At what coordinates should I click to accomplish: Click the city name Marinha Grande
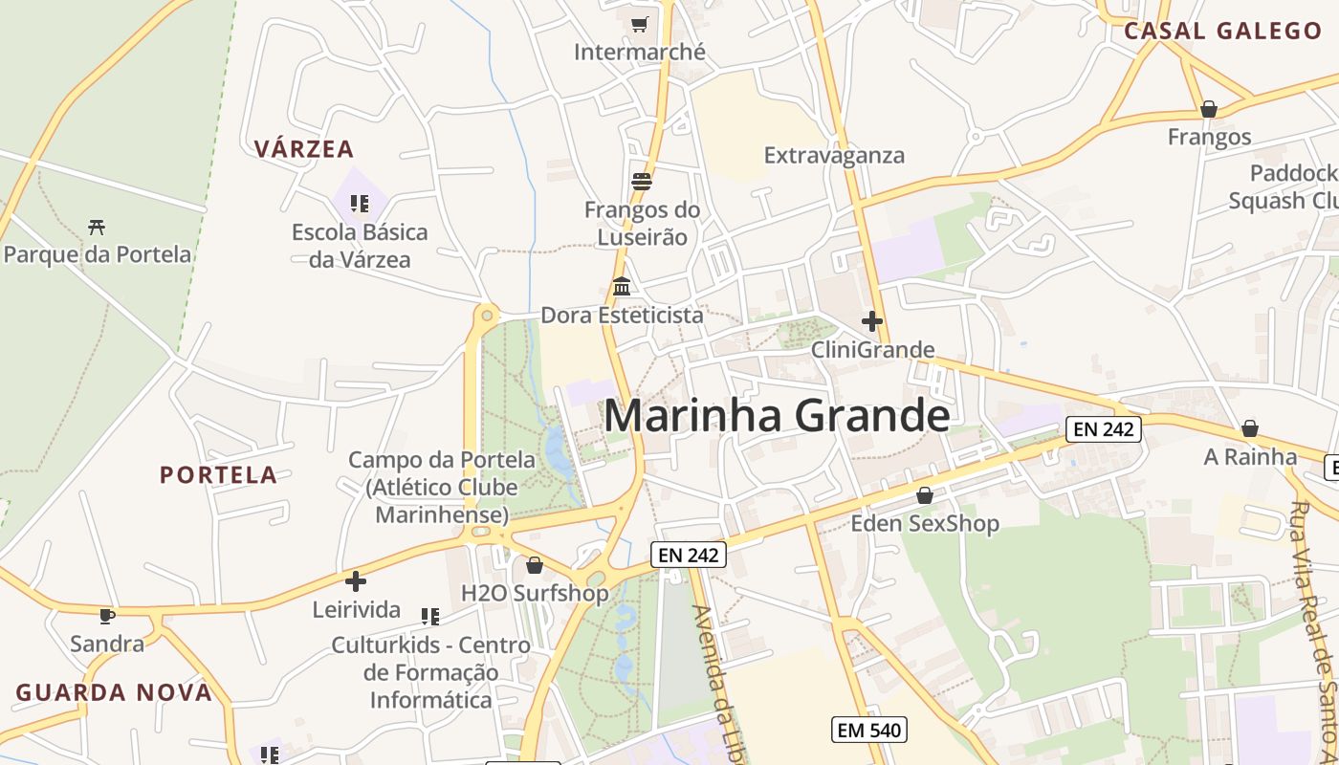click(x=777, y=416)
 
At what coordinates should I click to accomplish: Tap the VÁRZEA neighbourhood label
click(x=304, y=148)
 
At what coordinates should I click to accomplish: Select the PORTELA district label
click(x=218, y=475)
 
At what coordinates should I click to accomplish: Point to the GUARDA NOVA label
click(x=114, y=692)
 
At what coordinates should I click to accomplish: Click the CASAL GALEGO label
click(x=1222, y=31)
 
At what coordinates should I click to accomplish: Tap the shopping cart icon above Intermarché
click(x=639, y=24)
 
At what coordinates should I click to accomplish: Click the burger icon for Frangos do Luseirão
click(x=641, y=182)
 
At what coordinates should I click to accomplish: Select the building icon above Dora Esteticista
click(x=622, y=286)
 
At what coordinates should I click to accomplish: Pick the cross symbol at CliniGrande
click(x=872, y=321)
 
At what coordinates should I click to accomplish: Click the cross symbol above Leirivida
click(x=356, y=580)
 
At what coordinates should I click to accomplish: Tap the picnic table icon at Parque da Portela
click(x=97, y=227)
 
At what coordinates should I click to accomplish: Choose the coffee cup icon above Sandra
click(x=106, y=616)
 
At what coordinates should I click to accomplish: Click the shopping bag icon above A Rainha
click(x=1249, y=428)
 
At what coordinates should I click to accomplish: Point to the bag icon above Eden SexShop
click(x=924, y=495)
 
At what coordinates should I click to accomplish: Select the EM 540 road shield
click(x=867, y=731)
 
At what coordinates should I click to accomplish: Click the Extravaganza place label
click(x=834, y=155)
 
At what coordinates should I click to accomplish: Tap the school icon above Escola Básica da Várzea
click(x=360, y=203)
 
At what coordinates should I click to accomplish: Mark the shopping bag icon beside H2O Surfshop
click(x=535, y=566)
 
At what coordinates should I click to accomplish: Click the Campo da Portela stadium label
click(x=442, y=487)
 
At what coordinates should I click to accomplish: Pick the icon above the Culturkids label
click(x=430, y=617)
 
